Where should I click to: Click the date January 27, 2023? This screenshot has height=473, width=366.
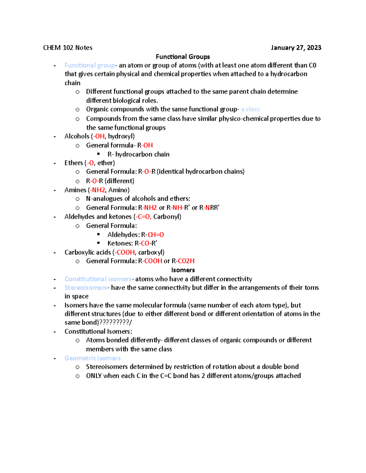296,48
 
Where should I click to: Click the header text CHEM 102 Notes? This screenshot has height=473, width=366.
68,48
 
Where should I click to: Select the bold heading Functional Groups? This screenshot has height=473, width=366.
183,57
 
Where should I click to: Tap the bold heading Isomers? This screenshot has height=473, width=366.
183,270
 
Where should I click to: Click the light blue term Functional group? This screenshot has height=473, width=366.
90,65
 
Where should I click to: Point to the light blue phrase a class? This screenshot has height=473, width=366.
250,109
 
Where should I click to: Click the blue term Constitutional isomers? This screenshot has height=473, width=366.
98,279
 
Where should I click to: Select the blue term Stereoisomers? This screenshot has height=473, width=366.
86,288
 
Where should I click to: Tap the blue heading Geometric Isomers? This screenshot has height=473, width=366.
92,358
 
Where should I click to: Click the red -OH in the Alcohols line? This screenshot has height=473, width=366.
99,136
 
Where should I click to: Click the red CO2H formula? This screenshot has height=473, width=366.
186,261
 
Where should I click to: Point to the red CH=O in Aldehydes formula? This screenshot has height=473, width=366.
156,235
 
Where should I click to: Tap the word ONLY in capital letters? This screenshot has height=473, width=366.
94,376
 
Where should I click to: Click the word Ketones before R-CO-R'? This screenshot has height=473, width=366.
120,243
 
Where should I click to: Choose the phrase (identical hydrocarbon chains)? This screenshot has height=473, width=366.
200,172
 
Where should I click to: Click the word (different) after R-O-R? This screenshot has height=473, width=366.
119,181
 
